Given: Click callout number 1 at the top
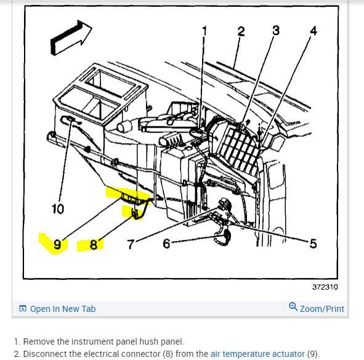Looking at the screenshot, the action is point(204,31).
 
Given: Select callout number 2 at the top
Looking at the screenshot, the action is point(241,31).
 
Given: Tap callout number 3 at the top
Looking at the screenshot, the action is point(276,30).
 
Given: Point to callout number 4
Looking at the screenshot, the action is point(313,31).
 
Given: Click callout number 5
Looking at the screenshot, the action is point(313,243).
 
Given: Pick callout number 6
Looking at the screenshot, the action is point(166,243).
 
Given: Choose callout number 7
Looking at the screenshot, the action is point(131,244).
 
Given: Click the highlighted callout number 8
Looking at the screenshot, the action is point(94,245).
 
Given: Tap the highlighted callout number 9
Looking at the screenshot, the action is point(57,245).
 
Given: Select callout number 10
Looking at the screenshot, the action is point(58,209).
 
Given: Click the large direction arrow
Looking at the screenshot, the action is point(71,38).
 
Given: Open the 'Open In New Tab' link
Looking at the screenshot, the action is point(63,309).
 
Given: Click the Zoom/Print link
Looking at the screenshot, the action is point(322,309).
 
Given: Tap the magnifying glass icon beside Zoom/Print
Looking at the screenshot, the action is point(293,306).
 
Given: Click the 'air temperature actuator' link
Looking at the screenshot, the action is point(257,354).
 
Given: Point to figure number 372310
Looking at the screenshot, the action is point(325,287).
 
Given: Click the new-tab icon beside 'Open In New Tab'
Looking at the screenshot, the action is point(23,308).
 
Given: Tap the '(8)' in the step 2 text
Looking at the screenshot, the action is point(168,354).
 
